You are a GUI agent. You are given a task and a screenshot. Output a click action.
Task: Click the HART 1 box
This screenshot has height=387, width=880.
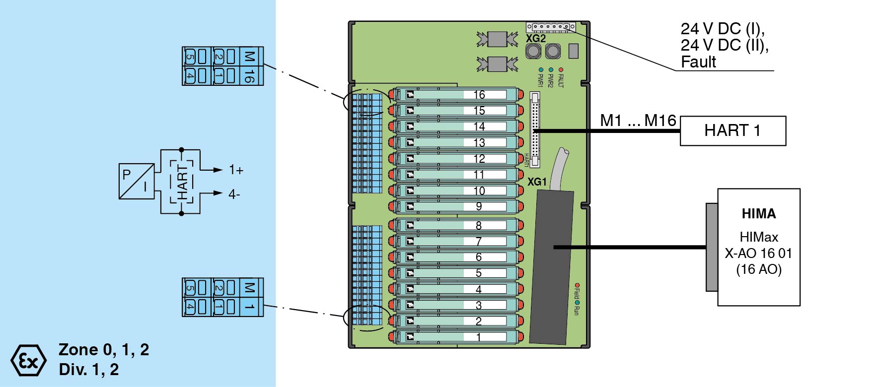733,131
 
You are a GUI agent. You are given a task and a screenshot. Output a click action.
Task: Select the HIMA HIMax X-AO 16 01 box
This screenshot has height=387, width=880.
758,247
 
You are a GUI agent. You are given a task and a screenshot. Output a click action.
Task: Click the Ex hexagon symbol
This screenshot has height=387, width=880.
28,360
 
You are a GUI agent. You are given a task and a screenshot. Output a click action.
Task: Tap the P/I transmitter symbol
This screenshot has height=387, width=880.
137,181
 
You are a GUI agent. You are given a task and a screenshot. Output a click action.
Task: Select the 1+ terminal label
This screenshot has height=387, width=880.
236,170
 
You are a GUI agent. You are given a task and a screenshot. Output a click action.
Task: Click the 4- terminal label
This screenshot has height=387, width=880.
234,194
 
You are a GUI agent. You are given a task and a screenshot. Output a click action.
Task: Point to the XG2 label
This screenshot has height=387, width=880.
536,38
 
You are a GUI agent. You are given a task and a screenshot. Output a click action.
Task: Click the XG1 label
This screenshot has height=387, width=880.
537,182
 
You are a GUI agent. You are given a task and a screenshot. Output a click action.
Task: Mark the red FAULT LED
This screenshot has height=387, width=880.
561,70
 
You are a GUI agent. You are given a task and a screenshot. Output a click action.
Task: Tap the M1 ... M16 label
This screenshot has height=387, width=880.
638,121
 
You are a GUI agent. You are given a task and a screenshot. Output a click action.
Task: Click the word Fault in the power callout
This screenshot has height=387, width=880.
698,63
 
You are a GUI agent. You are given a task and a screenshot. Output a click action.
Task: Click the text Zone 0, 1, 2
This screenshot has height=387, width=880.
104,350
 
